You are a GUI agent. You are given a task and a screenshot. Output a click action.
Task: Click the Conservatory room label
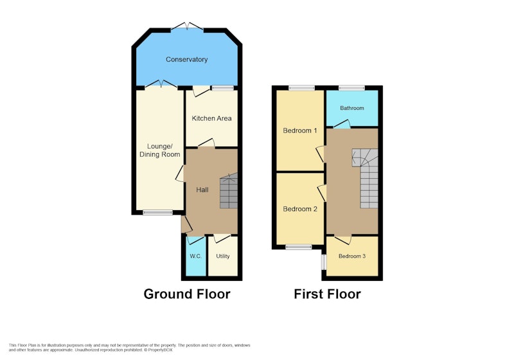coord(186,59)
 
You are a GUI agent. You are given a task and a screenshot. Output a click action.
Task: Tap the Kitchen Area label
coord(211,118)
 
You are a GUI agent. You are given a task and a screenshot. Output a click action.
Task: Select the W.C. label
coord(196,256)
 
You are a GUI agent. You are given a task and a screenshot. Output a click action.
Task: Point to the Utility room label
coord(222,256)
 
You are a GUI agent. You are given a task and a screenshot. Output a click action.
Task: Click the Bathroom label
coord(351,108)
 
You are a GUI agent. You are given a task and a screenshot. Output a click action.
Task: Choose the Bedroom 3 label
coord(351,256)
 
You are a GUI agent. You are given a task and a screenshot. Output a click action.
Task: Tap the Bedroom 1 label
coord(300,130)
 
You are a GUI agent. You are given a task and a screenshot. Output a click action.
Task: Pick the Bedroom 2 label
coord(300,209)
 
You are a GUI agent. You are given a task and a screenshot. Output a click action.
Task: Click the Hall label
coord(202,190)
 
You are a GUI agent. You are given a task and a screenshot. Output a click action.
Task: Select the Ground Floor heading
coord(187,294)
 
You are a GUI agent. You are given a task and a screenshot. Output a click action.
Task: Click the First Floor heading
coord(327,294)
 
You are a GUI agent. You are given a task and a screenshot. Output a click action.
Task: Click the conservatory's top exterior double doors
coord(187,26)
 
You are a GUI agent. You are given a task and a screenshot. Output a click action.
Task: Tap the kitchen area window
coord(222,87)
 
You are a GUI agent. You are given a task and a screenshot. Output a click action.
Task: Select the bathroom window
coord(351,87)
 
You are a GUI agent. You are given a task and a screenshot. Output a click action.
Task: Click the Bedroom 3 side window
coord(324,262)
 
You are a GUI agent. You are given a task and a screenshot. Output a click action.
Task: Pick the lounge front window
coord(157,212)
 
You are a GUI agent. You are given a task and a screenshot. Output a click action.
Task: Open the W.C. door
coord(195,240)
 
